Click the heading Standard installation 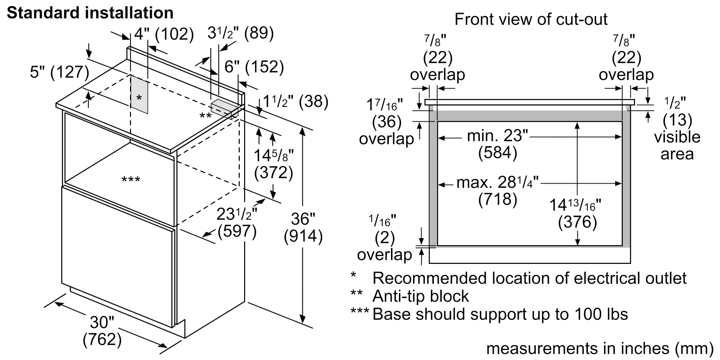90,13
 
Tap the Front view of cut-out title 531,19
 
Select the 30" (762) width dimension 102,331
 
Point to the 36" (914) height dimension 303,228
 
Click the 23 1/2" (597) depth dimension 237,223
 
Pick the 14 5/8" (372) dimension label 274,164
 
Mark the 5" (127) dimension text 59,72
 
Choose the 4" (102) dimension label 164,34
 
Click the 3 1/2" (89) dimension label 240,33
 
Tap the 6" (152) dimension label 254,67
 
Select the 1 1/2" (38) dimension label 296,102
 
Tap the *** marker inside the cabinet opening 131,179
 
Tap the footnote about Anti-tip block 420,296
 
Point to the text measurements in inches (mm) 600,348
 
